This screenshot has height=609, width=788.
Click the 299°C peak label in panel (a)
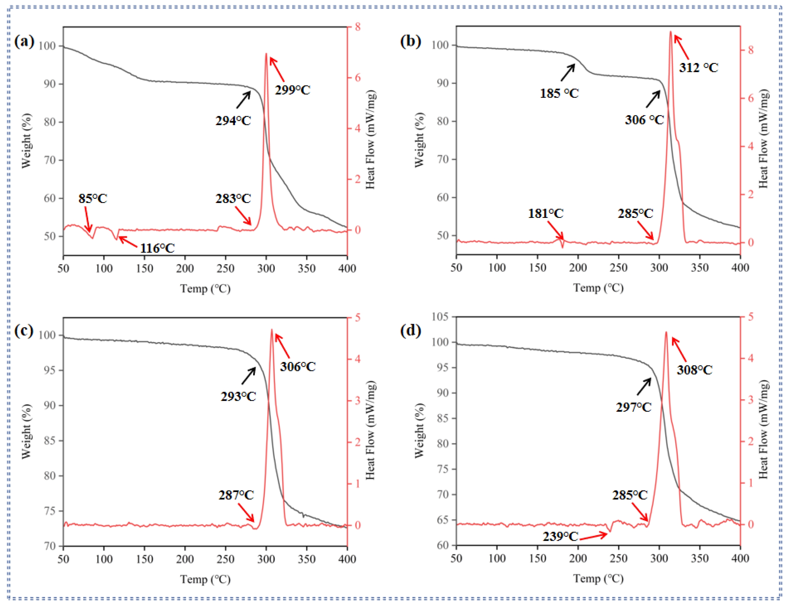[293, 90]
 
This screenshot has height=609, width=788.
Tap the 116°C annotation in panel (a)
[157, 248]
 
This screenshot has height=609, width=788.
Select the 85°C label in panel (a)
[93, 199]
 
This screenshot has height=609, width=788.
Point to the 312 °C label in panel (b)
[699, 68]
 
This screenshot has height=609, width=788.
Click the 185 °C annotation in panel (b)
[559, 94]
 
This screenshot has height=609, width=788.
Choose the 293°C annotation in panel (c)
[238, 397]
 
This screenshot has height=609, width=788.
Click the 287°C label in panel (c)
[236, 495]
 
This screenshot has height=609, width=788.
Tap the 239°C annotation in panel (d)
[560, 537]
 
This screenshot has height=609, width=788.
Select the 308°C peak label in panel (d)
[694, 370]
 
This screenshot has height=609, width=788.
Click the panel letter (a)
[24, 41]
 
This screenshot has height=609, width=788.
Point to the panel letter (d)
[410, 330]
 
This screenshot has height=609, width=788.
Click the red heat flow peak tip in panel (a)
[266, 54]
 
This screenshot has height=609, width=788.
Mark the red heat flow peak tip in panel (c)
[272, 329]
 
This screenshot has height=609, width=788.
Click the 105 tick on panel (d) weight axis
[440, 317]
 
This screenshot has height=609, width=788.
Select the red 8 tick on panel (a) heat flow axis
[357, 27]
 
